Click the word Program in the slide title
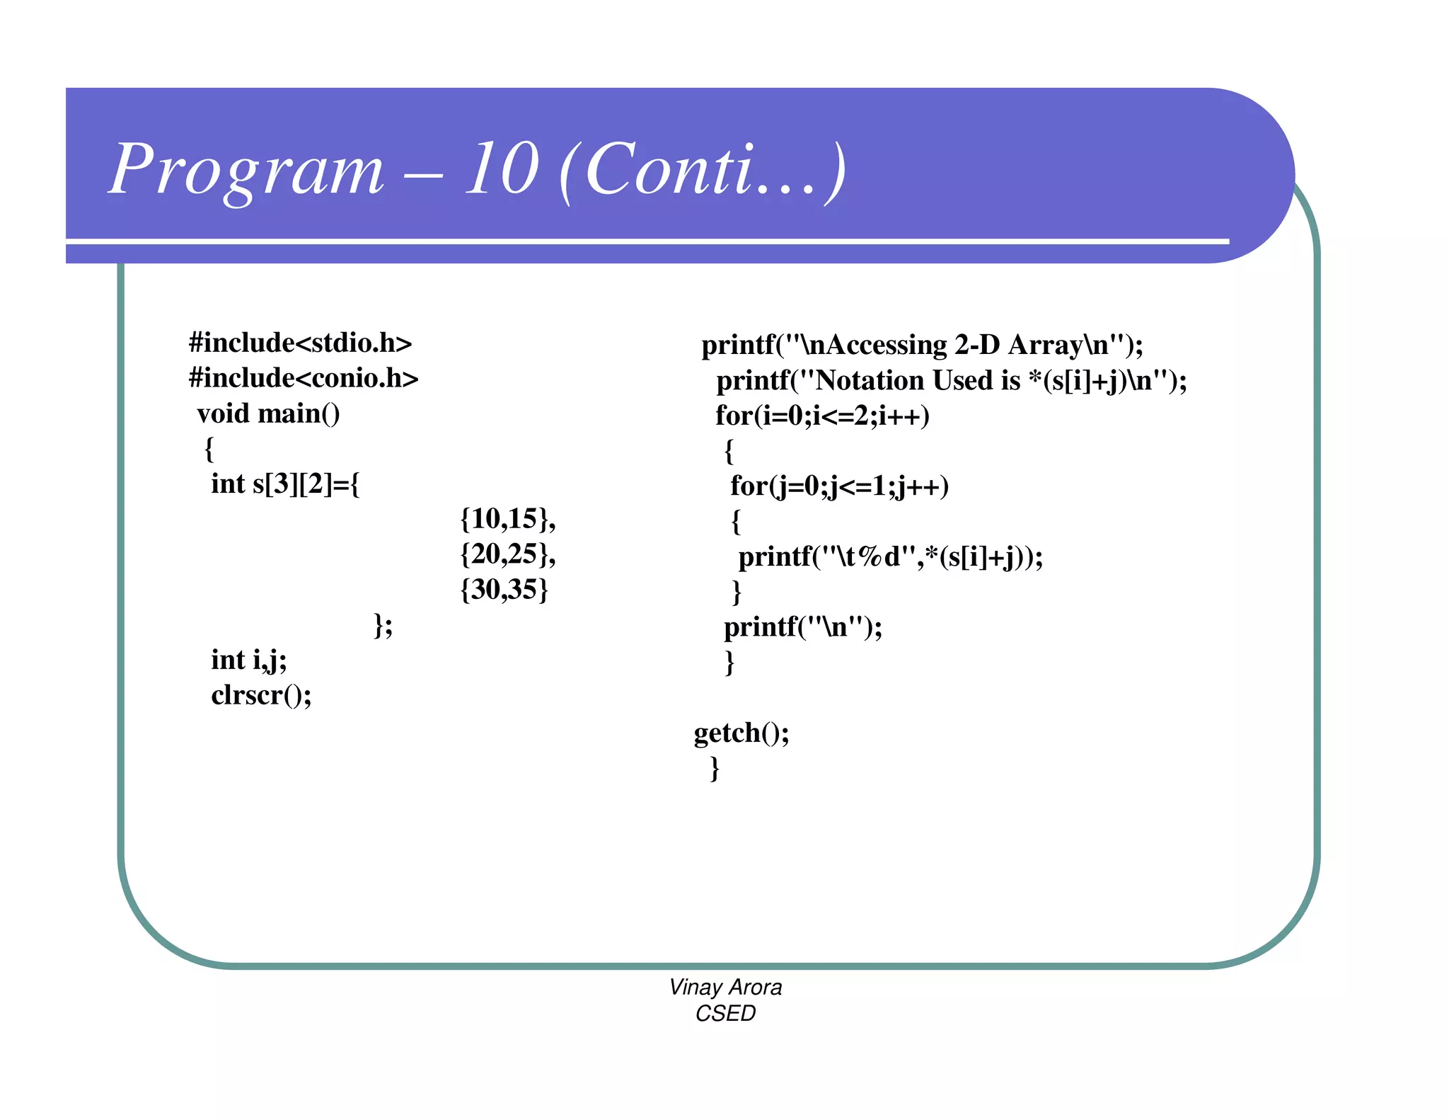(x=246, y=170)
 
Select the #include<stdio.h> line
(x=300, y=343)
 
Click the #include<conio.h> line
(x=304, y=379)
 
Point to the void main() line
(x=268, y=414)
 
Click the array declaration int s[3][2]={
(x=285, y=484)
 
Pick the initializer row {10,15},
(x=507, y=519)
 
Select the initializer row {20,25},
(x=507, y=554)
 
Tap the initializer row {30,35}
(x=504, y=590)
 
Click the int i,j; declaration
(x=249, y=661)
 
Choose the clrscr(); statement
(x=261, y=695)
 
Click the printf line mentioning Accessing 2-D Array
(x=922, y=345)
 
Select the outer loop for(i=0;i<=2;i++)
(x=822, y=416)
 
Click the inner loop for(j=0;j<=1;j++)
(x=839, y=486)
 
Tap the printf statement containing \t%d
(x=890, y=557)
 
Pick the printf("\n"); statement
(x=803, y=627)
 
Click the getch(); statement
(x=741, y=733)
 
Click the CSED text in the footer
(x=725, y=1014)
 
